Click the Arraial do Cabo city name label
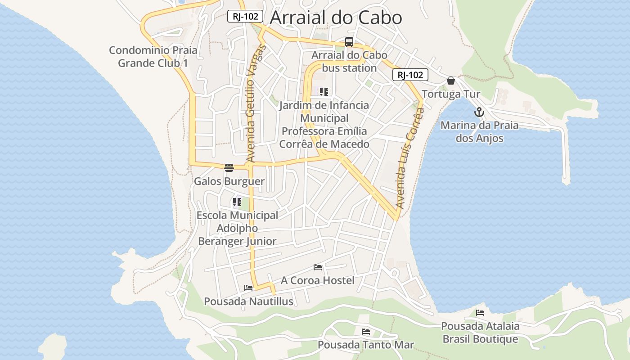coord(336,18)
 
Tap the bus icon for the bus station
coord(349,42)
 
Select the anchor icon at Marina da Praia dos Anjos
coord(479,112)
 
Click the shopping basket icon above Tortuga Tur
coord(451,81)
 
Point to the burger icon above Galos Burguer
coord(229,168)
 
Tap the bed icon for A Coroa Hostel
coord(318,267)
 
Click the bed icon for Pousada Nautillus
coord(248,288)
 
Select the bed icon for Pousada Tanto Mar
coord(366,332)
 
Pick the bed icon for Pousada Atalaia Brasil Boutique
coord(480,313)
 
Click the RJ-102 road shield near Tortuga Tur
coord(410,75)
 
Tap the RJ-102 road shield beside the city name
coord(245,17)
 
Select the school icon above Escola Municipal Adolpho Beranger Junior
coord(237,202)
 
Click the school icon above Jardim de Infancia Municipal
coord(324,92)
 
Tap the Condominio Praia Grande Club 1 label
coord(153,57)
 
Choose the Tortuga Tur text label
coord(451,94)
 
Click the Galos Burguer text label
coord(229,181)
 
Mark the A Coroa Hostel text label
coord(318,280)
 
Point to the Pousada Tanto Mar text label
coord(366,345)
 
